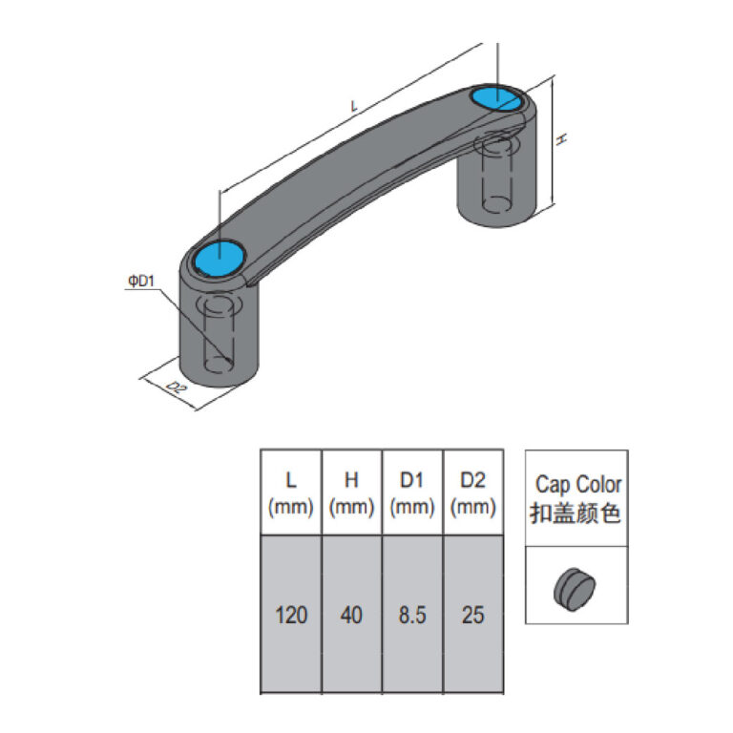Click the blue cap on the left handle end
click(220, 257)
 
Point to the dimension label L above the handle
click(355, 108)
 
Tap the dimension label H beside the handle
click(563, 139)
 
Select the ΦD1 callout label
click(140, 281)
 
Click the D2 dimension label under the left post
click(175, 387)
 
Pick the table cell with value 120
click(291, 616)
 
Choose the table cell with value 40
click(351, 616)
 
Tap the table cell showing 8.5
click(412, 616)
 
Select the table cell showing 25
click(472, 616)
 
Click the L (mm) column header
click(291, 493)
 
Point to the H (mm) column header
click(351, 493)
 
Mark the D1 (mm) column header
click(412, 493)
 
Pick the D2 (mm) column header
click(472, 493)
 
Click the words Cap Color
click(577, 484)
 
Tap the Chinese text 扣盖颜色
click(576, 513)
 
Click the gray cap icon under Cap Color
click(574, 585)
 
